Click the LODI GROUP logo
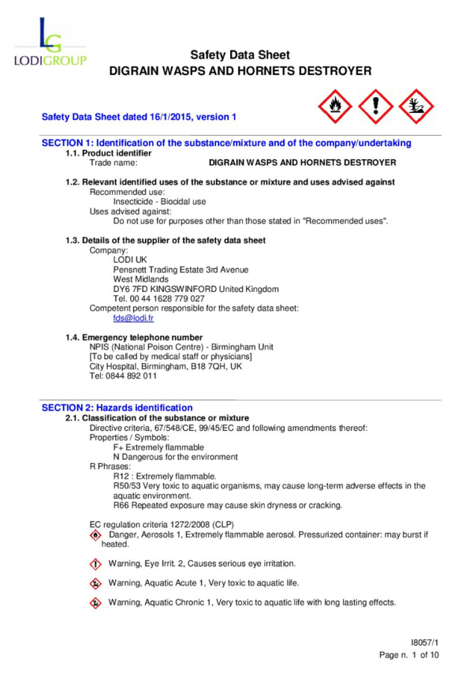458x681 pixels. coord(51,44)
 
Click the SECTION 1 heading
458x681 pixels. coord(226,143)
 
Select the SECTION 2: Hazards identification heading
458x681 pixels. coord(117,408)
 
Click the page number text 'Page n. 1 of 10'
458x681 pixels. coord(409,655)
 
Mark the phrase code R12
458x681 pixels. coord(120,476)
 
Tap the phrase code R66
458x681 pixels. coord(120,505)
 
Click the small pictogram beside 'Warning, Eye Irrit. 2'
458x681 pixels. coord(96,564)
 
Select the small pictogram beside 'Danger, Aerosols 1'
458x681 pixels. coord(96,535)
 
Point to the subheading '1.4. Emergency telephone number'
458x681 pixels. coord(134,337)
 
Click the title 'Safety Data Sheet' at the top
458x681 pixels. coord(240,55)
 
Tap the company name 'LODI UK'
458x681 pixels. coord(126,259)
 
